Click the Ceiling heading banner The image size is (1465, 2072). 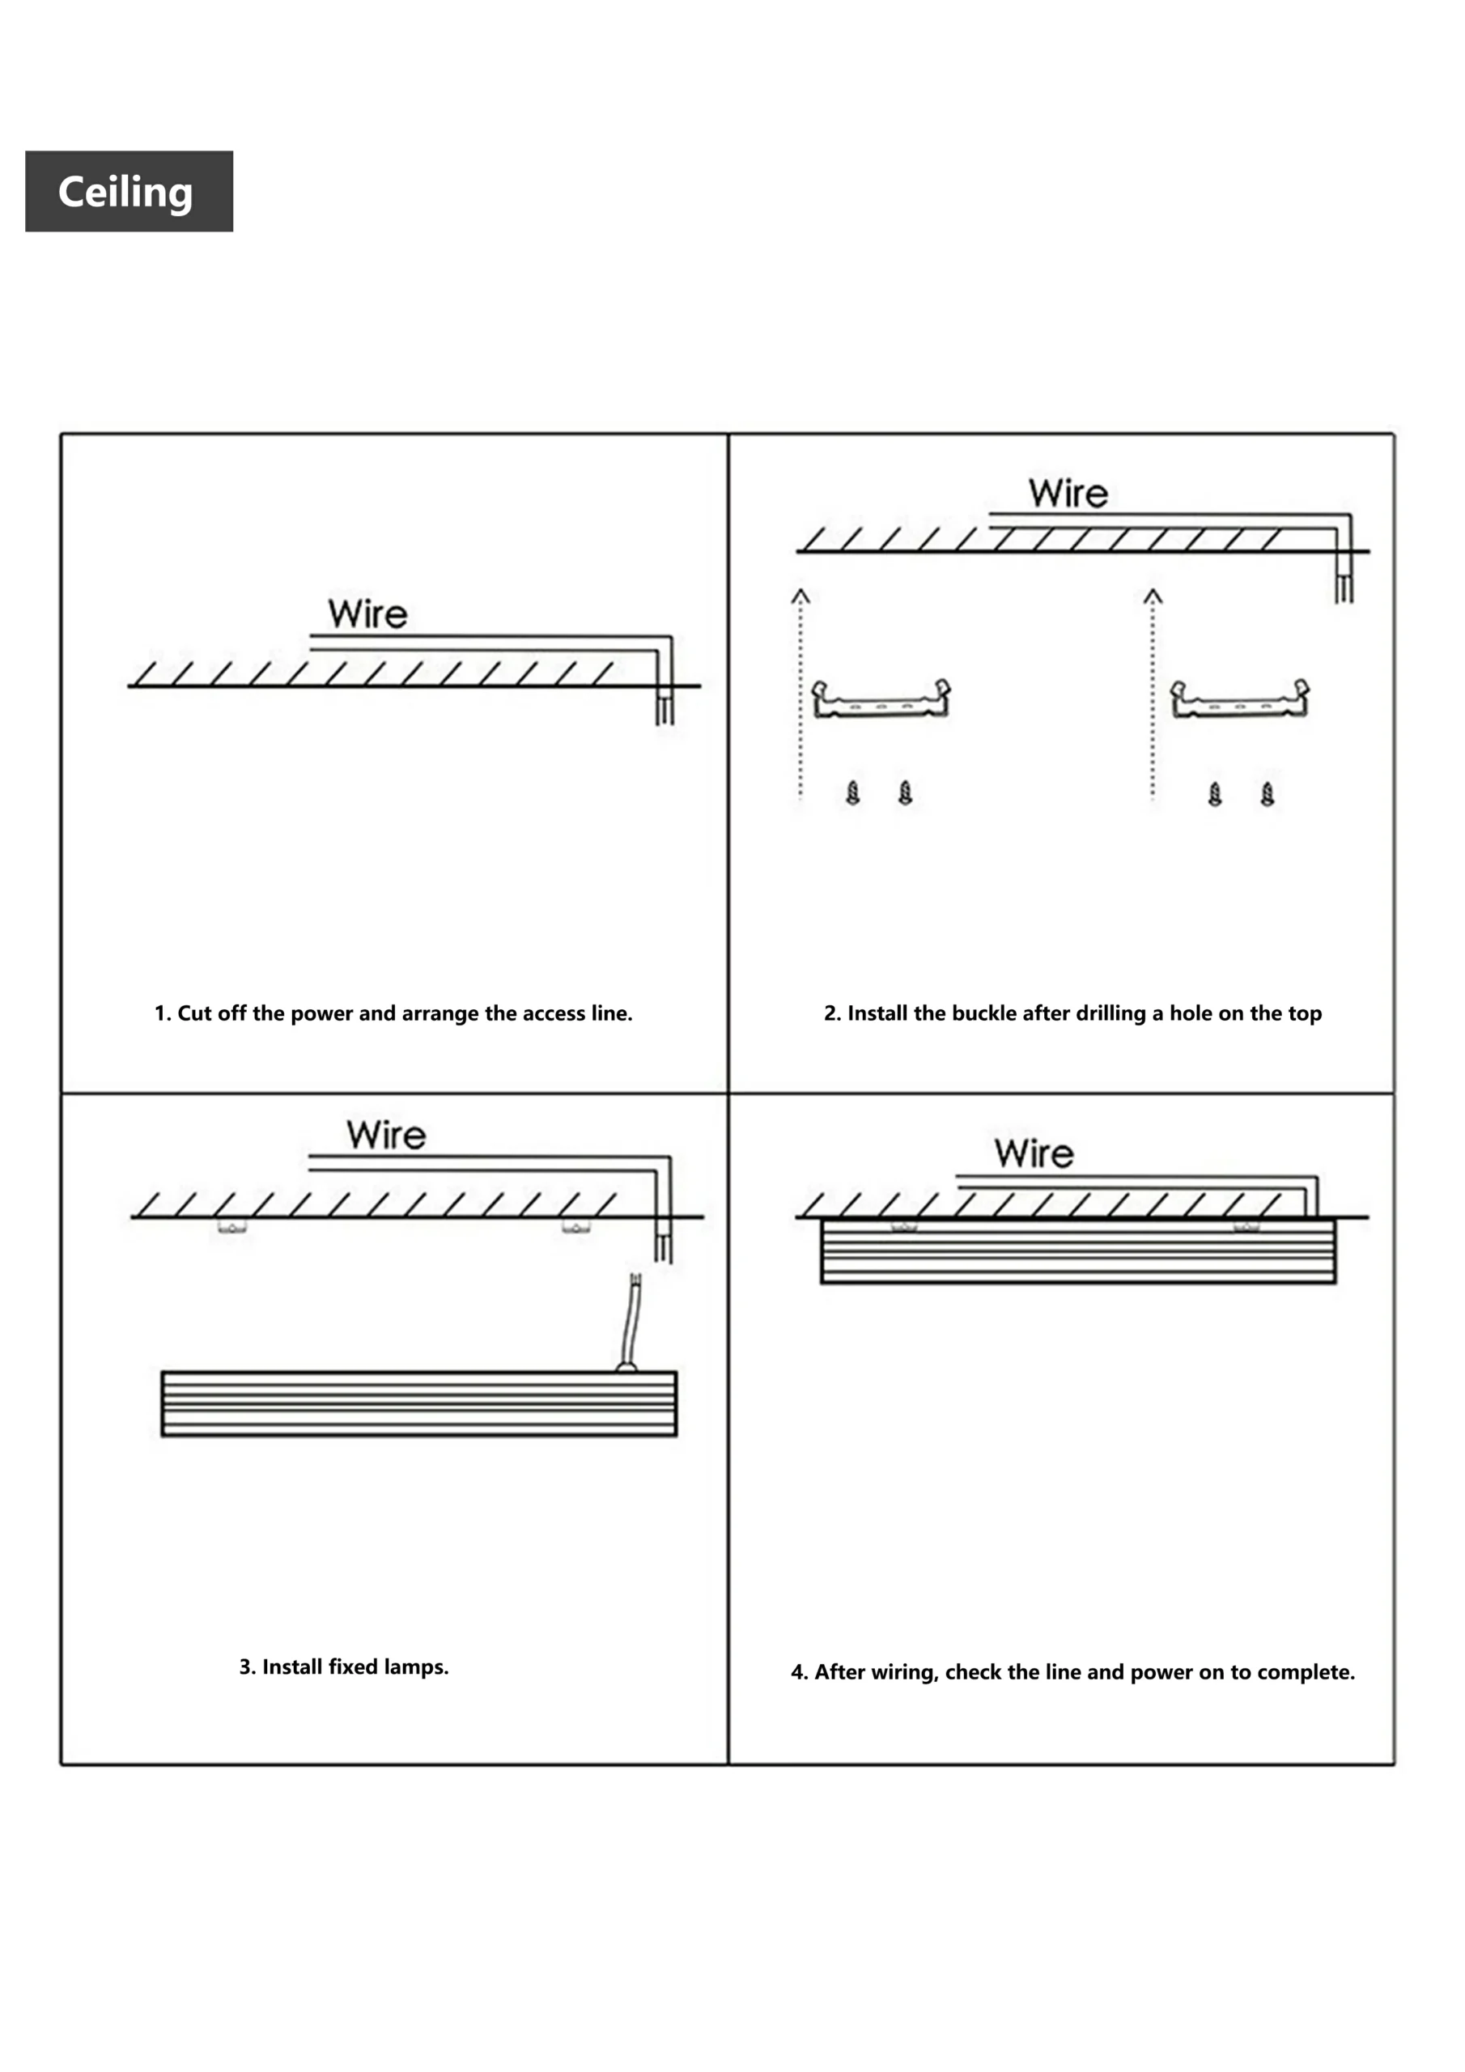click(128, 191)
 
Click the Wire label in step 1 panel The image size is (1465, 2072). click(367, 614)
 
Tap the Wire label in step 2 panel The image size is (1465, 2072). click(1068, 494)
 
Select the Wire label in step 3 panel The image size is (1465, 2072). click(385, 1136)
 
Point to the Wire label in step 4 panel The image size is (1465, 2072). click(1034, 1154)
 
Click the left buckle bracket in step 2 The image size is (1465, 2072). click(880, 699)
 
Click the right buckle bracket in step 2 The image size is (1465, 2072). click(1239, 699)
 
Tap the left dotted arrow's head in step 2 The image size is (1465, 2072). click(800, 596)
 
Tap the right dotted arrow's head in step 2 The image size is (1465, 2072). click(1153, 596)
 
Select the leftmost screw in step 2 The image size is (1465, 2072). click(853, 793)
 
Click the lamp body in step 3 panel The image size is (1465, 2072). click(418, 1403)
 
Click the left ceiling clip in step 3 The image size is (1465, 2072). click(232, 1226)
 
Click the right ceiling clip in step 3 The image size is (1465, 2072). click(576, 1226)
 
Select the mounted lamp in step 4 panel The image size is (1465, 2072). click(1078, 1250)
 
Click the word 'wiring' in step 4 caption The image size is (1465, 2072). click(903, 1672)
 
